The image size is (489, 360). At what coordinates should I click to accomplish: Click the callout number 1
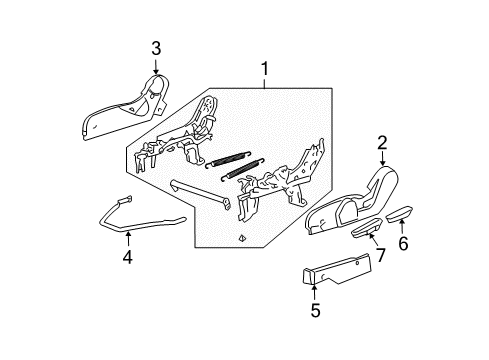point(264,71)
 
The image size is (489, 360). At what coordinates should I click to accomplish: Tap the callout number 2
point(382,144)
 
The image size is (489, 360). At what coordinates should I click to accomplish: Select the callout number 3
point(156,47)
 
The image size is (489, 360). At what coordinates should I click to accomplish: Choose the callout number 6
point(403,243)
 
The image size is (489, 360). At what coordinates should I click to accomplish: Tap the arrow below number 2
point(382,163)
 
